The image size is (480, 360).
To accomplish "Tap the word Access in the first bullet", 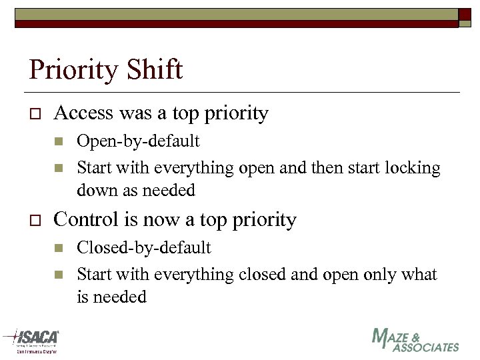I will coord(83,113).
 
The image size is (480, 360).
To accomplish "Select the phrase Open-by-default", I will coord(138,141).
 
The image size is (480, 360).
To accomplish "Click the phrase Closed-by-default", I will coord(144,248).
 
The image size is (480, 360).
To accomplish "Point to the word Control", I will coord(85,219).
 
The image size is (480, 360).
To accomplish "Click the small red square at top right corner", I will coord(465,15).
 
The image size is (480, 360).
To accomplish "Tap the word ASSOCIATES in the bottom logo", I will coord(426,347).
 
